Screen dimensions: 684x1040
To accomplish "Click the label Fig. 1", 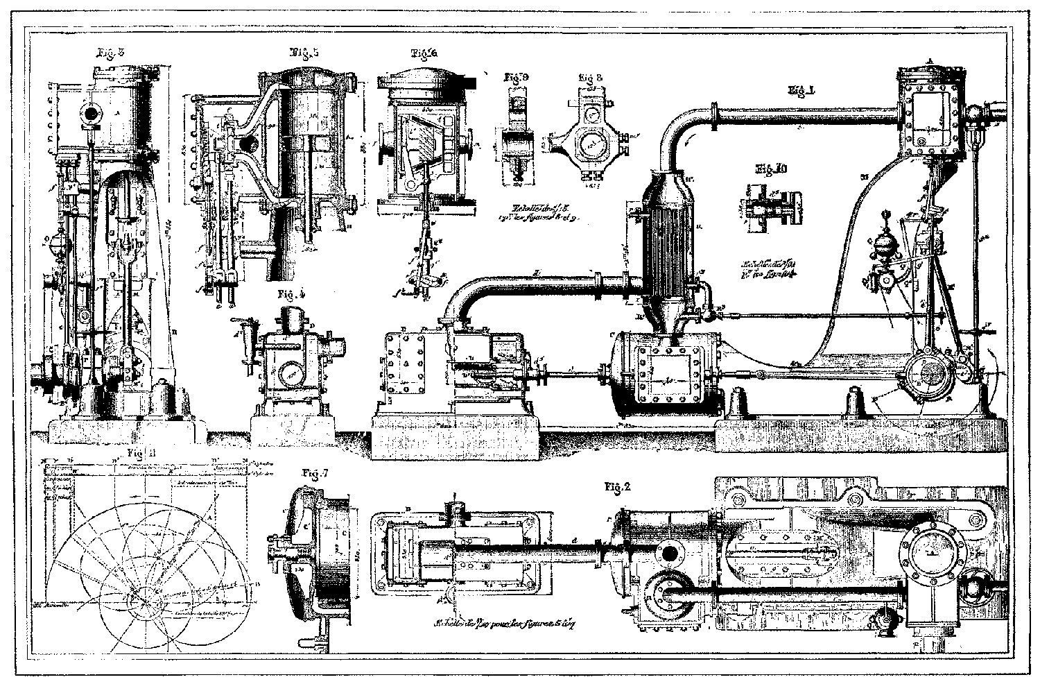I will click(803, 89).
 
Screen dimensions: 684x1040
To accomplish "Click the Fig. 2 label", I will click(616, 487).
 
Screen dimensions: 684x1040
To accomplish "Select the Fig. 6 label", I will click(424, 53).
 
